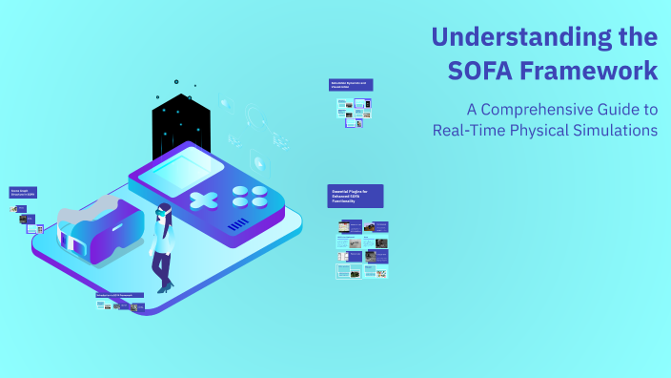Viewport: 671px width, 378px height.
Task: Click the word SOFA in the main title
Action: click(x=485, y=71)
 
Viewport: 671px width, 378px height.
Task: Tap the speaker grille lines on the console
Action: click(x=237, y=224)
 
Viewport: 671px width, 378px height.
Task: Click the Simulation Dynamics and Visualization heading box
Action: click(x=350, y=85)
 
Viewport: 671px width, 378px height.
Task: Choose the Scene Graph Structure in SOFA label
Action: click(x=23, y=193)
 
